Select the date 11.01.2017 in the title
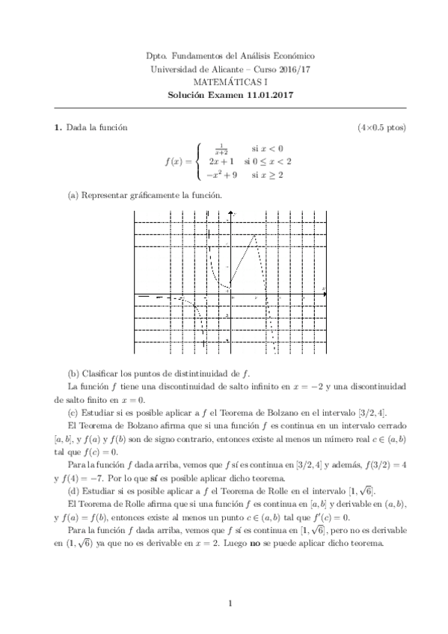coord(271,95)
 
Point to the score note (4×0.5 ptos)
coord(381,128)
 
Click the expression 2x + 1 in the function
coord(222,161)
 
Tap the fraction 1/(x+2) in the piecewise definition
coord(221,148)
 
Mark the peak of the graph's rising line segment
coord(256,235)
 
